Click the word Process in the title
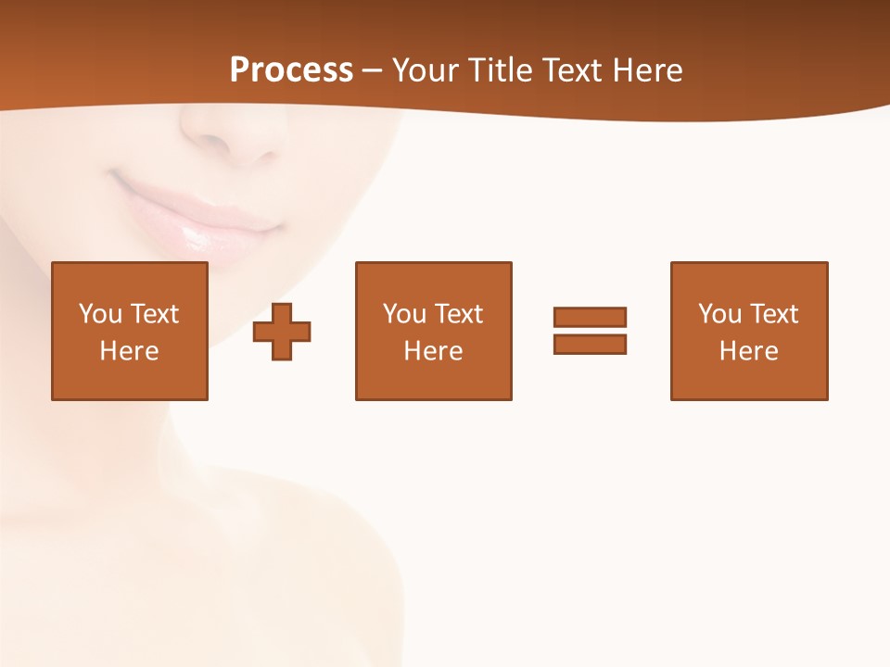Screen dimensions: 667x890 [291, 69]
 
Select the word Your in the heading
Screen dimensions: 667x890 [425, 70]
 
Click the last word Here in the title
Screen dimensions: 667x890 [649, 70]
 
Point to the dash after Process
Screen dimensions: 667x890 [372, 70]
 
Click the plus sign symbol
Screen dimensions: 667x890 [282, 331]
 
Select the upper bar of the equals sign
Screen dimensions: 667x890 [590, 317]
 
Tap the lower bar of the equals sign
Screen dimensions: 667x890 [590, 344]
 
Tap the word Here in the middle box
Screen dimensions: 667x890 [433, 351]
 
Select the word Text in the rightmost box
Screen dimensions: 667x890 [775, 314]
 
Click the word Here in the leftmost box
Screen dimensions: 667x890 [129, 351]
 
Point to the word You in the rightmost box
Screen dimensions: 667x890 [720, 314]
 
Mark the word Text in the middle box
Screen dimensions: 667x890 [460, 314]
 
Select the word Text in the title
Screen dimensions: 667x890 [575, 70]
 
